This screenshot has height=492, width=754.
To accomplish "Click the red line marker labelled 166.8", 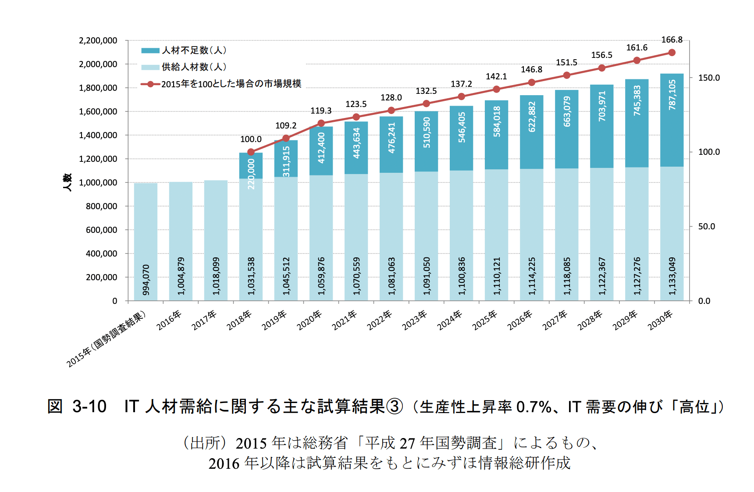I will click(x=672, y=53).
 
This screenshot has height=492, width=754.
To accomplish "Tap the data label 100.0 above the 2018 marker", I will click(x=251, y=139).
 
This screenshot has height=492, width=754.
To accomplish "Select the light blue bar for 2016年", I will click(x=181, y=241).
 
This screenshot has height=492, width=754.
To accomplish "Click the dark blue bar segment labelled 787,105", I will click(x=672, y=120).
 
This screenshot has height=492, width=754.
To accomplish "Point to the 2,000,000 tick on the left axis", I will click(x=98, y=64).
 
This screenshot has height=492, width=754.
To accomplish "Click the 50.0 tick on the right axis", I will click(x=706, y=227).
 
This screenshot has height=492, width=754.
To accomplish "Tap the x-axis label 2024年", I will click(x=450, y=320).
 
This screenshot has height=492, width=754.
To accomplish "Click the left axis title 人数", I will click(x=67, y=182).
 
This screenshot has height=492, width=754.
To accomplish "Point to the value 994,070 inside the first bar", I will click(x=146, y=280).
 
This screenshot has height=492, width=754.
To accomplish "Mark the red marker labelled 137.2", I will click(x=461, y=96).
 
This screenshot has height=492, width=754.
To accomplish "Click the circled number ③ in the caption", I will click(x=394, y=406).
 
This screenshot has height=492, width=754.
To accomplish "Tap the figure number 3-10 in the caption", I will click(x=89, y=406).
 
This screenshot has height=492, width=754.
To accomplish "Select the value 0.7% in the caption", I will click(x=533, y=407).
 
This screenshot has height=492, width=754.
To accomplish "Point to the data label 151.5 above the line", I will click(x=566, y=63).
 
